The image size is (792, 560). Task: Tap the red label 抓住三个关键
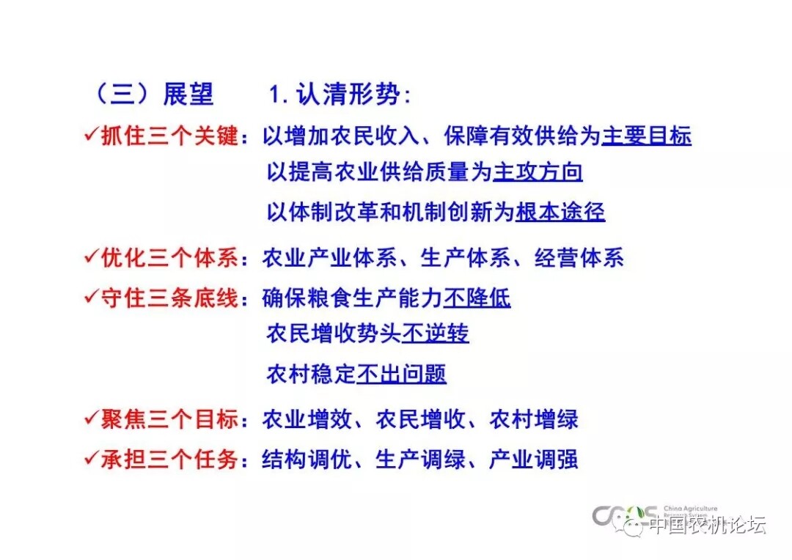(169, 136)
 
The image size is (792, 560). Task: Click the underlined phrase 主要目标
(647, 136)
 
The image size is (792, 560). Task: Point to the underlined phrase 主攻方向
(538, 172)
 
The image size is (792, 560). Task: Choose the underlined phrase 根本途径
(560, 212)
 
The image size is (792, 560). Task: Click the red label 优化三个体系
(169, 257)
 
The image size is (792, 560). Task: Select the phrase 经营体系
(579, 257)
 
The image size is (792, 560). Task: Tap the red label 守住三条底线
(169, 298)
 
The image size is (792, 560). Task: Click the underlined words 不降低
(477, 298)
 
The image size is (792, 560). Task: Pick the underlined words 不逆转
(436, 334)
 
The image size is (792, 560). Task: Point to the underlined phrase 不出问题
(402, 374)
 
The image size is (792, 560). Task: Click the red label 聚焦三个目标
(169, 419)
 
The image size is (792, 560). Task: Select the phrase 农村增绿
(534, 419)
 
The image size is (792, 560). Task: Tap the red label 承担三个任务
(169, 459)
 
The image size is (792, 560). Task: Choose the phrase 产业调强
(534, 459)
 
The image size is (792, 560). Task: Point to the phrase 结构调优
(307, 459)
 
